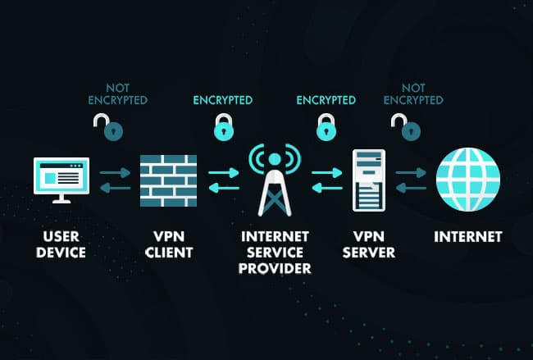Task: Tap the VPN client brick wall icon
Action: pos(169,180)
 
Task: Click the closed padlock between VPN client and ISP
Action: pos(221,128)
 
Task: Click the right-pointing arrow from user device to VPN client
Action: pos(116,173)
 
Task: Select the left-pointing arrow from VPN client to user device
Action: pos(116,188)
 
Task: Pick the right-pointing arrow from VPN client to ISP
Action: pos(223,173)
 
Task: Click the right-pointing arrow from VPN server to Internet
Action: pos(412,173)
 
